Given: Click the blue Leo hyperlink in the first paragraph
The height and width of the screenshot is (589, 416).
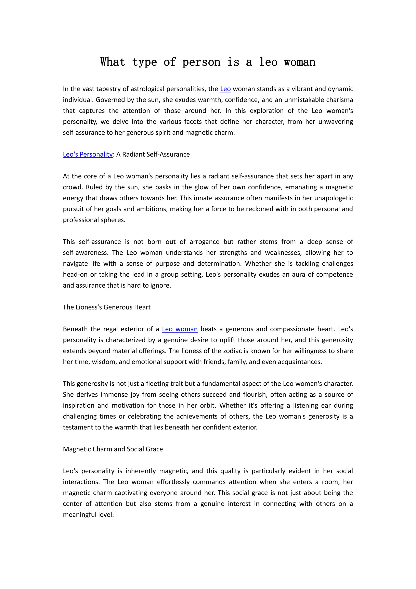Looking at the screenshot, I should pyautogui.click(x=225, y=89).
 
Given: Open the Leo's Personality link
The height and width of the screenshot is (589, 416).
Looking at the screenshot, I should pyautogui.click(x=88, y=154).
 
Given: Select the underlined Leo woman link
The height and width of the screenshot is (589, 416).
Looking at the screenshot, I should pyautogui.click(x=180, y=329).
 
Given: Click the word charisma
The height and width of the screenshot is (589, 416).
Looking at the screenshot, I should pyautogui.click(x=340, y=100).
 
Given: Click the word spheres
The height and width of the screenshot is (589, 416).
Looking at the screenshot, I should pyautogui.click(x=113, y=220).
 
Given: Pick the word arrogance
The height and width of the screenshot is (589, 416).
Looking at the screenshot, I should pyautogui.click(x=204, y=242).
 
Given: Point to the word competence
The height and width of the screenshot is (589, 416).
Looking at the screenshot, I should pyautogui.click(x=335, y=275).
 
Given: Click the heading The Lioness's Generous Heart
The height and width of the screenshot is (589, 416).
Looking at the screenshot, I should pyautogui.click(x=107, y=307).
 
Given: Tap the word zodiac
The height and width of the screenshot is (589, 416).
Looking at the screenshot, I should pyautogui.click(x=235, y=351).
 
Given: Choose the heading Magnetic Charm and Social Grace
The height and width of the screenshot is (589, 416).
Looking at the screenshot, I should pyautogui.click(x=113, y=449).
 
